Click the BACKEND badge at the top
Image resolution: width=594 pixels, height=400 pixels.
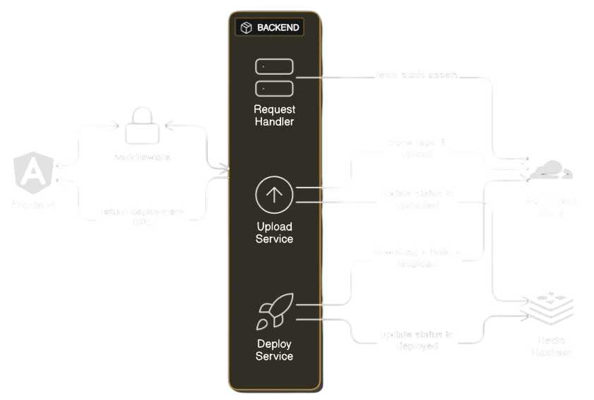(x=270, y=28)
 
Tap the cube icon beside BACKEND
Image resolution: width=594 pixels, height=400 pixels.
(x=246, y=28)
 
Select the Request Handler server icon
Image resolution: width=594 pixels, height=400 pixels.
(x=274, y=78)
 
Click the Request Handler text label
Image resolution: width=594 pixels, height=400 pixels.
(x=274, y=116)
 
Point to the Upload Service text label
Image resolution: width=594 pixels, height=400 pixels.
(x=274, y=233)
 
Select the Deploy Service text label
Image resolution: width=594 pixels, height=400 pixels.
(x=274, y=350)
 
